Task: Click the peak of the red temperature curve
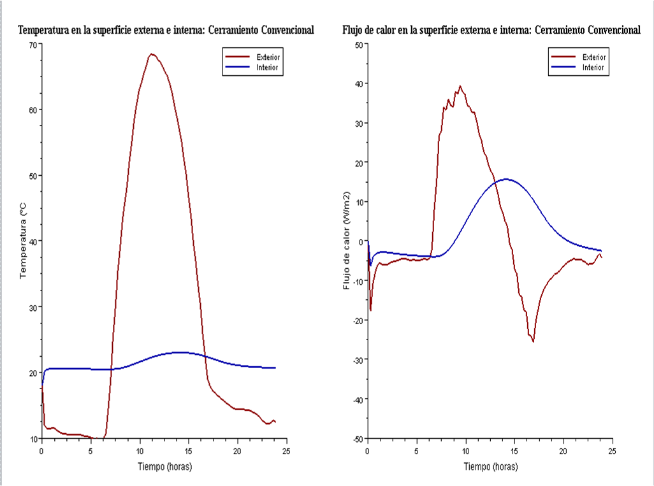pos(151,54)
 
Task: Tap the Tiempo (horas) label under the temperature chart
pos(164,466)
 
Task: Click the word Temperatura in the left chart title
pos(43,30)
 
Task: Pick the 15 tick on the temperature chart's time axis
pos(189,450)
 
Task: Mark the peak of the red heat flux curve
pos(460,86)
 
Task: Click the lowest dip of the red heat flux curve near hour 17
pos(533,341)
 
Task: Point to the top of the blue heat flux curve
pos(507,179)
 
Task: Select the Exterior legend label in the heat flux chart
pos(594,57)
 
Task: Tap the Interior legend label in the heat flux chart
pos(593,68)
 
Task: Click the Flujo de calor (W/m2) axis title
pos(347,240)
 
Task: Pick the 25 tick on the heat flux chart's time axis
pos(612,450)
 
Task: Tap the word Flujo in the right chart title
pos(354,30)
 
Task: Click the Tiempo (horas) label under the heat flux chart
pos(490,466)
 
